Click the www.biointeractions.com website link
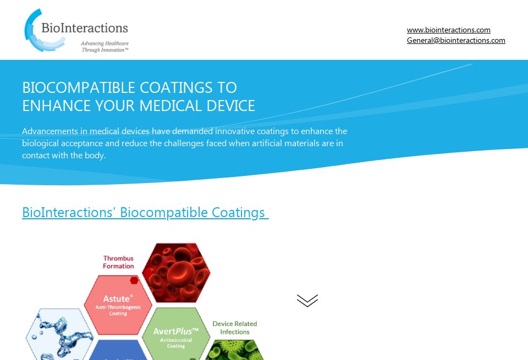point(448,30)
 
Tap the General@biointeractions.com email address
point(456,41)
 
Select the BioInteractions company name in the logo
point(85,28)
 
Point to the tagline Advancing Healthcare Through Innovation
point(105,46)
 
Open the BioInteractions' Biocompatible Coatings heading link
point(145,213)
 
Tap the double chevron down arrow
point(307,301)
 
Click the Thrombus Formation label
point(118,262)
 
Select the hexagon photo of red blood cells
point(176,273)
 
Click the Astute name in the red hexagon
point(117,299)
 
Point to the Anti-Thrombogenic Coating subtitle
point(118,311)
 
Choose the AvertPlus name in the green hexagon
point(175,332)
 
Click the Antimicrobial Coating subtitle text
point(176,344)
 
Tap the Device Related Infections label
point(235,328)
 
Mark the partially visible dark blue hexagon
point(118,352)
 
